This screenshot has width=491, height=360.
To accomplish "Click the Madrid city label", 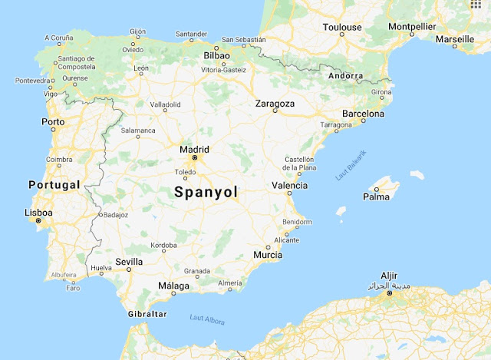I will [x=193, y=149].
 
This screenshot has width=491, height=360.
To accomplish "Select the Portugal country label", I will [x=54, y=185].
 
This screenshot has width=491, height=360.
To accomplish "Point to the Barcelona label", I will [x=363, y=114].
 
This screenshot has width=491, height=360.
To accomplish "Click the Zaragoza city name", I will [x=275, y=104].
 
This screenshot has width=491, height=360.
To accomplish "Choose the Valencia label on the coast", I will [x=289, y=185].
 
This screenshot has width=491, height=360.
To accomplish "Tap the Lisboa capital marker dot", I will [x=38, y=221].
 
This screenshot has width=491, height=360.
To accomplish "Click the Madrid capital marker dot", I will [x=195, y=158].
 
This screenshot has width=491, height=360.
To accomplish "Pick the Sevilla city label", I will [x=128, y=261].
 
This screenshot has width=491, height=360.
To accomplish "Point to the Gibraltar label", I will [x=147, y=314].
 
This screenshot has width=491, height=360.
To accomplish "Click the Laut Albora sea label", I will [x=207, y=319].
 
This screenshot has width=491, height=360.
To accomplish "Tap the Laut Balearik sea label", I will [x=351, y=164].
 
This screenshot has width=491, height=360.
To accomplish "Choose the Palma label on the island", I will [x=376, y=197].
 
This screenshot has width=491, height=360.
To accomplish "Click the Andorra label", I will [x=344, y=76].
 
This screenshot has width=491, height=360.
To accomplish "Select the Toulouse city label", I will [x=341, y=27].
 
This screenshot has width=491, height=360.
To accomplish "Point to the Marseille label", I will [x=454, y=38].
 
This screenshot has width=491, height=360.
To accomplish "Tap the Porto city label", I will [x=53, y=121].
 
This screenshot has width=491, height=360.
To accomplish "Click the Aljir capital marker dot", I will [x=389, y=293].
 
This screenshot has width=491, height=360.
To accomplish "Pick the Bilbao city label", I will [x=217, y=56].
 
